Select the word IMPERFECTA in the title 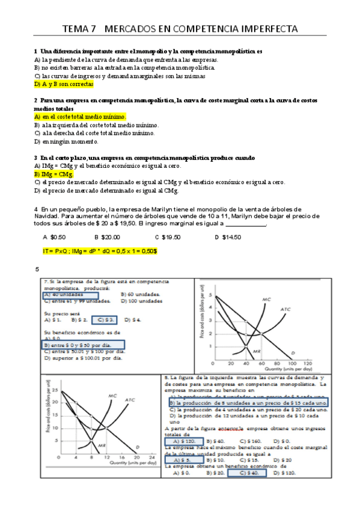(x=262, y=28)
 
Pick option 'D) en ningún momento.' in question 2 (x=66, y=141)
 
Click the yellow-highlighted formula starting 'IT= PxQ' (x=100, y=250)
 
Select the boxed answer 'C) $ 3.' (x=108, y=320)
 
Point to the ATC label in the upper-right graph (x=286, y=309)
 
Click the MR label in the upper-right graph (x=254, y=350)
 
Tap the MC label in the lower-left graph (x=112, y=396)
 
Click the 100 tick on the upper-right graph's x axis (x=293, y=364)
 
